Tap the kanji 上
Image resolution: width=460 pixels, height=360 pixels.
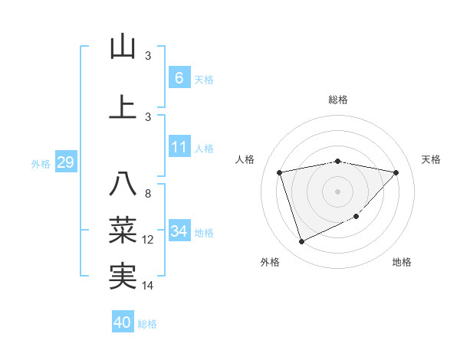click(x=123, y=106)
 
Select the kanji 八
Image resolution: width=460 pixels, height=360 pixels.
click(x=123, y=184)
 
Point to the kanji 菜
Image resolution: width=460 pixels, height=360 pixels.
click(x=123, y=230)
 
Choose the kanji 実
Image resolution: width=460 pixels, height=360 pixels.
click(x=123, y=276)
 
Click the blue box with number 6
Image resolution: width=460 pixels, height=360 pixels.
click(x=179, y=78)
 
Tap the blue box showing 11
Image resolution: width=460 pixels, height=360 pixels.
click(x=179, y=147)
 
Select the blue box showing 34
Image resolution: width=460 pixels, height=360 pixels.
click(x=179, y=231)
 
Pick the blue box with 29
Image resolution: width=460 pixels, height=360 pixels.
click(x=65, y=162)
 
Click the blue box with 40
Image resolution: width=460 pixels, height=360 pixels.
click(x=123, y=322)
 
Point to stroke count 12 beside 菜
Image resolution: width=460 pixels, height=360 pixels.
click(x=148, y=240)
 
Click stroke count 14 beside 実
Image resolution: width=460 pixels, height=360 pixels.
click(x=148, y=286)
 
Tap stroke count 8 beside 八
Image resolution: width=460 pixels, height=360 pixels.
click(x=148, y=194)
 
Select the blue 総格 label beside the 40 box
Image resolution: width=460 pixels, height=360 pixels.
click(x=147, y=324)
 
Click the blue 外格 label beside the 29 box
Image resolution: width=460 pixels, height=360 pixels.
click(x=40, y=164)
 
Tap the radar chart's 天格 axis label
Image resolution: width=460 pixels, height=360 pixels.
click(x=431, y=159)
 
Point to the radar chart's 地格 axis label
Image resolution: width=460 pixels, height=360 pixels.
click(x=402, y=262)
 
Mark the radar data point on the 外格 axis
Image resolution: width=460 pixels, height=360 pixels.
click(x=301, y=242)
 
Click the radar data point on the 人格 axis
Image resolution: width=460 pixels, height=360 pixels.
click(x=280, y=172)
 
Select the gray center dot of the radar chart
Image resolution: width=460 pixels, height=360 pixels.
click(x=337, y=191)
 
